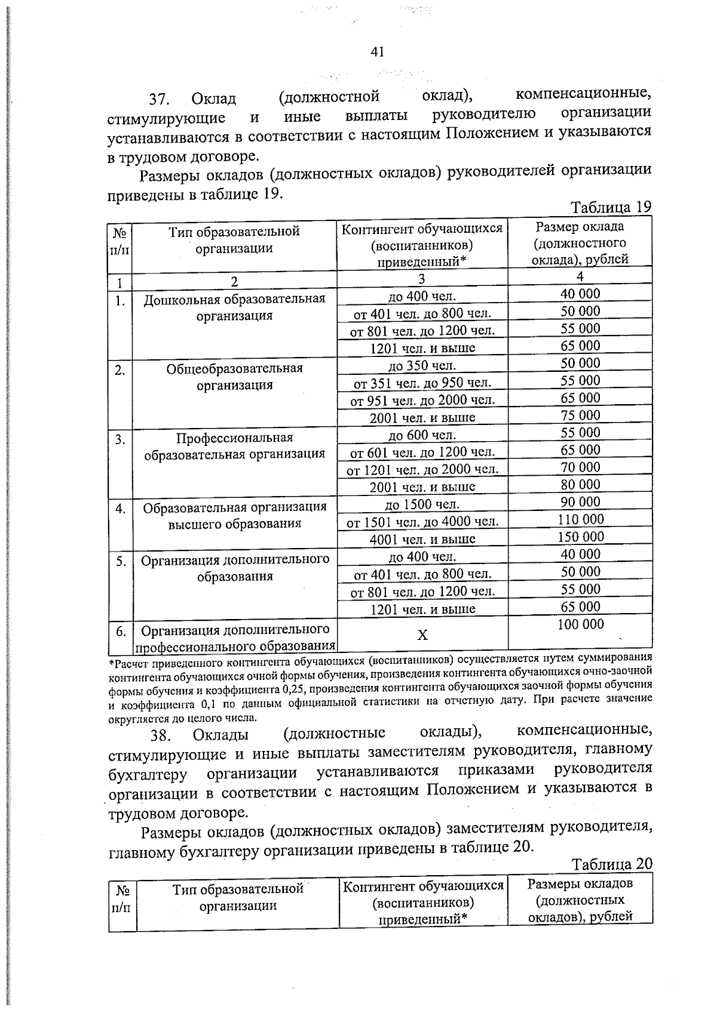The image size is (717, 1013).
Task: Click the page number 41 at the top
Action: point(376,52)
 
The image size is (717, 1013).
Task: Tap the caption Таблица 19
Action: point(610,207)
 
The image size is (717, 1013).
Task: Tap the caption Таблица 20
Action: point(611,864)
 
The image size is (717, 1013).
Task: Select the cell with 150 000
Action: point(580,537)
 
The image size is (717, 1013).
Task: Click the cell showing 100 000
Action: point(580,624)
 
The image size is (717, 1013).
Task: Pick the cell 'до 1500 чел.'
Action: point(422,505)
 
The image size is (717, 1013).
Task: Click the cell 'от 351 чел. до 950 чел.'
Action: point(422,383)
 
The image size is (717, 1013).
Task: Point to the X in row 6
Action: point(422,635)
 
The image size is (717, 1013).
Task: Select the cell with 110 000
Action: point(580,519)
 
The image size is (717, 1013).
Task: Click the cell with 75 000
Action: point(580,415)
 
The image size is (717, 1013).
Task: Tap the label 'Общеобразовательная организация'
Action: point(234,377)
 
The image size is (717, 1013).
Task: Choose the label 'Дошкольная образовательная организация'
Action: point(234,307)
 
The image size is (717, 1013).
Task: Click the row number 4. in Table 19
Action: point(120,509)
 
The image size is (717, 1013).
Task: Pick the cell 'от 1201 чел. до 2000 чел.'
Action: point(422,470)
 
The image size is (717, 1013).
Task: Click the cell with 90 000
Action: point(580,502)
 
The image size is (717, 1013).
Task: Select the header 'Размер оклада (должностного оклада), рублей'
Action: point(580,243)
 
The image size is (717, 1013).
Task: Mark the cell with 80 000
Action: point(580,484)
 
